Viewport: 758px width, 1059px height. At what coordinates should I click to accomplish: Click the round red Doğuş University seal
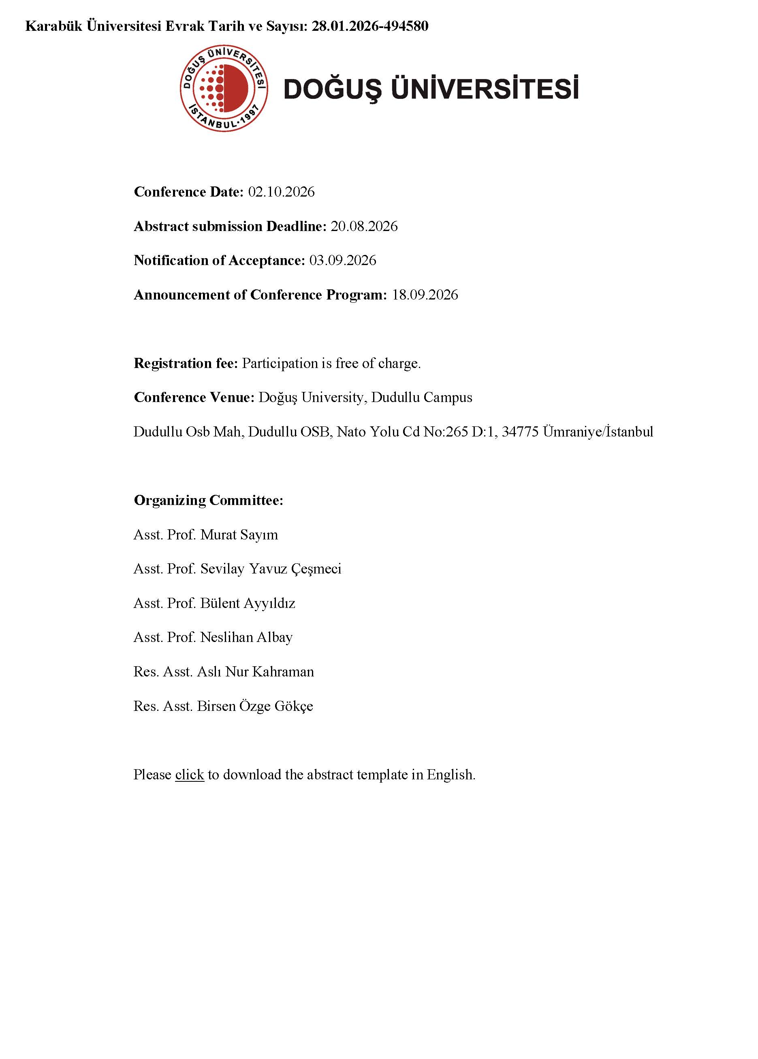click(x=224, y=88)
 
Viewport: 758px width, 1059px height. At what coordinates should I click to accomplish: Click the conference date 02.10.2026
click(x=281, y=192)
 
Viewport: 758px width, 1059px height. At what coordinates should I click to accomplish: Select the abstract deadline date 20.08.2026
click(x=364, y=227)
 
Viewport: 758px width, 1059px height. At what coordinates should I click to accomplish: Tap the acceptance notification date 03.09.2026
click(x=343, y=261)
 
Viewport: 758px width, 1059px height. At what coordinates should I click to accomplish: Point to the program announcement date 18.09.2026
click(x=425, y=295)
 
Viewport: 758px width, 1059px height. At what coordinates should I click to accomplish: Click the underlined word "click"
click(x=190, y=774)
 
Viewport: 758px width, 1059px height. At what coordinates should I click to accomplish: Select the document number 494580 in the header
click(x=406, y=26)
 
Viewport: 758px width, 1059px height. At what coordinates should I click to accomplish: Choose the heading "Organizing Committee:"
click(x=208, y=501)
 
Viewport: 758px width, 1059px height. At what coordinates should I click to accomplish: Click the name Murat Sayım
click(x=239, y=535)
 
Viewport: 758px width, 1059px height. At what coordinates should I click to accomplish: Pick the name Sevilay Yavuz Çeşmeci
click(x=271, y=569)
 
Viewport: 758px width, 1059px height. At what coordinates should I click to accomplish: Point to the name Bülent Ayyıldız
click(x=248, y=603)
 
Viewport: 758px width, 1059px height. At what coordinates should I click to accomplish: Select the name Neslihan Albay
click(x=246, y=638)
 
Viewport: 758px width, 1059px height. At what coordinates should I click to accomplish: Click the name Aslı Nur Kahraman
click(x=255, y=672)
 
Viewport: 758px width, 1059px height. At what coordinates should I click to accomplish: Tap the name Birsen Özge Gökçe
click(x=255, y=706)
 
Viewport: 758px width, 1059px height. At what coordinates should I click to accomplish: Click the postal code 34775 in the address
click(x=520, y=432)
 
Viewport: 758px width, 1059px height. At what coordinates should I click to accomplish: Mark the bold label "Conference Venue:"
click(x=194, y=397)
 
